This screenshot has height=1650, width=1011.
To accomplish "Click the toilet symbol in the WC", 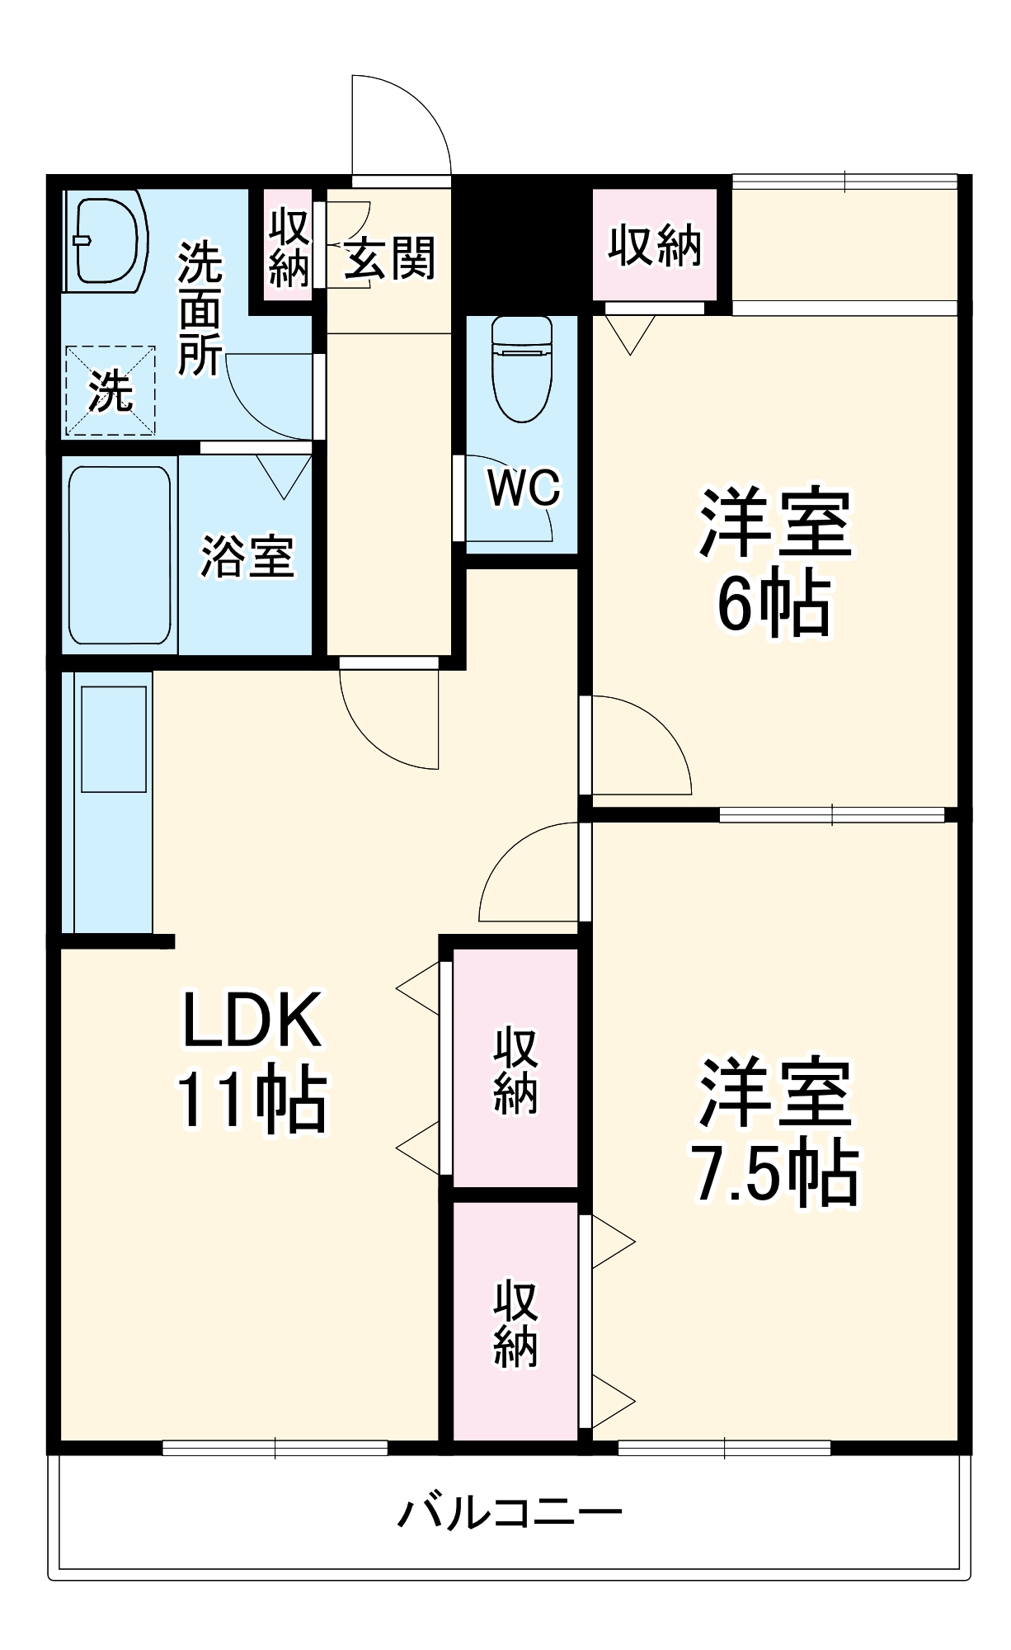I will [x=521, y=369].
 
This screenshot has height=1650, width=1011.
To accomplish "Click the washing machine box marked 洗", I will [x=110, y=390].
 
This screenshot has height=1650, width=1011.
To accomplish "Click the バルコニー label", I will [x=510, y=1513].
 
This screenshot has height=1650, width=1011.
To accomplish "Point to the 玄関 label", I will [x=389, y=258].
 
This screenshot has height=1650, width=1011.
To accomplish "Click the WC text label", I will [x=524, y=488].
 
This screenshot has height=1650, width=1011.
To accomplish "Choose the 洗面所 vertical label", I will [x=200, y=308].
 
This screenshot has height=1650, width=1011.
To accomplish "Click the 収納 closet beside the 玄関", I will [x=289, y=246].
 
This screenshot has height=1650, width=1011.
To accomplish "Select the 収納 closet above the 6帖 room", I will [x=655, y=245].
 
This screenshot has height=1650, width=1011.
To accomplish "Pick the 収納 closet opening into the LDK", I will [x=515, y=1069].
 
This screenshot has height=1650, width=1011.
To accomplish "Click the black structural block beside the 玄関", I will [x=521, y=243].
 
